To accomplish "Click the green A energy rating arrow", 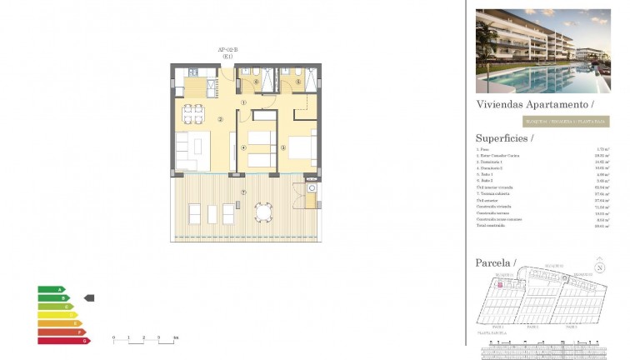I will pos(50,289).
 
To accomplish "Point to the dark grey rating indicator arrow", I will pos(90,297).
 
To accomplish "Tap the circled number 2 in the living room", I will pos(220,119).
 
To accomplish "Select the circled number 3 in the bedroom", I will pos(283,148).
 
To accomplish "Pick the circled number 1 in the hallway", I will pos(243,102).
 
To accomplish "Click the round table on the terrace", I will pos(264,212).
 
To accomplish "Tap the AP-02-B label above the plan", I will pos(227,50).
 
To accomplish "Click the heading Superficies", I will pos(504,137).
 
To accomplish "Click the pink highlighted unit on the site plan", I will pos(499,285).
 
